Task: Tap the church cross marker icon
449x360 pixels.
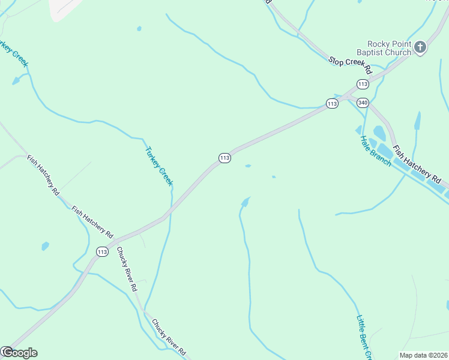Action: click(420, 47)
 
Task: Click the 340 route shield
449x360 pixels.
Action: click(362, 103)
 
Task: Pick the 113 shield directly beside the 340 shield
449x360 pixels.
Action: click(332, 103)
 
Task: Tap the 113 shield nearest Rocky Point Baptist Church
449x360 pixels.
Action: click(362, 83)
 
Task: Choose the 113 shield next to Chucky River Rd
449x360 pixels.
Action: click(102, 252)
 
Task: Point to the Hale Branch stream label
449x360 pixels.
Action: click(375, 151)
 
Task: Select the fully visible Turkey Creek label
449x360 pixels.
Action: click(159, 166)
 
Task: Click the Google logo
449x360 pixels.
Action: click(19, 353)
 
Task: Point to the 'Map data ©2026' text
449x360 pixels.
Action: click(423, 355)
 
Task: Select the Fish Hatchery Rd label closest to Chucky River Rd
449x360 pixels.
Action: click(92, 221)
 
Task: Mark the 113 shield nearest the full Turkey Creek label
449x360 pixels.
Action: click(224, 158)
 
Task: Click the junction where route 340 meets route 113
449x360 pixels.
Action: click(348, 95)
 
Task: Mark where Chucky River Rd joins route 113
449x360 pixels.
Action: click(114, 240)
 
